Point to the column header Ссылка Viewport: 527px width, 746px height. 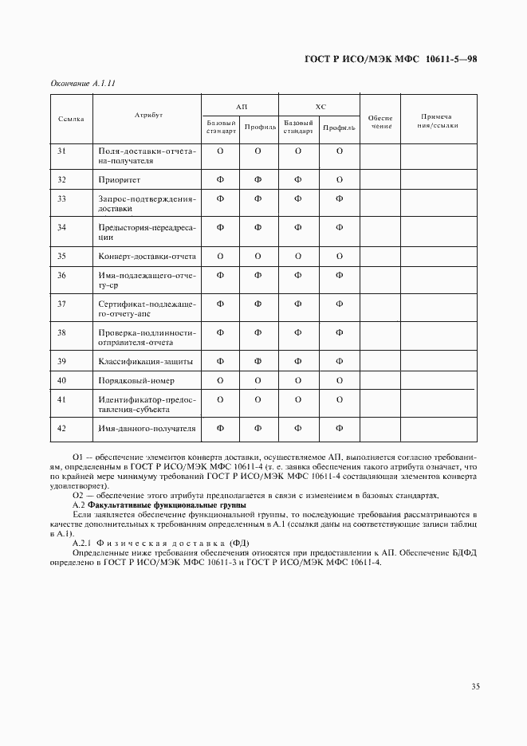tap(72, 118)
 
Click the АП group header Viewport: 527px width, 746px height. tap(241, 106)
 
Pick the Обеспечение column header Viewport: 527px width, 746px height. tap(380, 121)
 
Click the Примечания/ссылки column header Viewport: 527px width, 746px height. tap(437, 121)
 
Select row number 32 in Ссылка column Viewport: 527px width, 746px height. tap(61, 179)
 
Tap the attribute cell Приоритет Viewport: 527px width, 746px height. tap(121, 179)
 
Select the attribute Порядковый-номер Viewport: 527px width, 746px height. tap(136, 380)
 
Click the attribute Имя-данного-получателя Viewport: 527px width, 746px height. tap(147, 428)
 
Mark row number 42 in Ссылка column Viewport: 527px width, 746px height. tap(61, 428)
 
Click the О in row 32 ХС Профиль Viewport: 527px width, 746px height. tap(340, 179)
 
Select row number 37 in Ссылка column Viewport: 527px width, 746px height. tap(61, 304)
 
